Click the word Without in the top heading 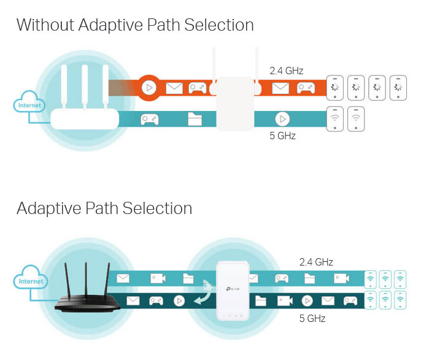coord(45,25)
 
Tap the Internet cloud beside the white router coord(29,105)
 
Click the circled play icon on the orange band coord(148,88)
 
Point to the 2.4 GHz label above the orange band coord(286,71)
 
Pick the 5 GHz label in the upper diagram coord(283,136)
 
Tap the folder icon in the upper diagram coord(195,119)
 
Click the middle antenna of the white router coord(85,86)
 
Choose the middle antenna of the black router coord(85,272)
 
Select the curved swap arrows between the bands coord(205,291)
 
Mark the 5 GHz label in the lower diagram coord(312,318)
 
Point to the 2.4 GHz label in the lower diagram coord(316,262)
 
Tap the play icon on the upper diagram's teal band coord(282,119)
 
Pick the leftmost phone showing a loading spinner coord(334,88)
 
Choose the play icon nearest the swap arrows coord(179,301)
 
